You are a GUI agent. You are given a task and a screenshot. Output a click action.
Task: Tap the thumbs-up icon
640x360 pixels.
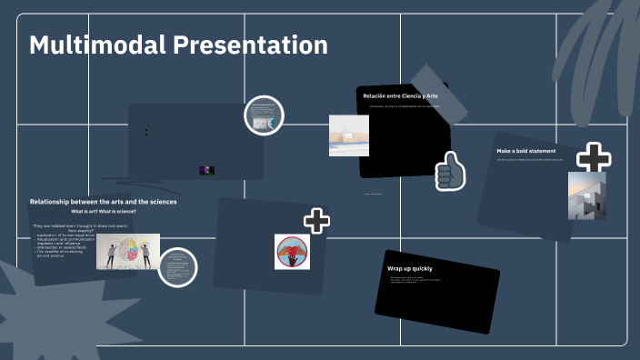tap(449, 170)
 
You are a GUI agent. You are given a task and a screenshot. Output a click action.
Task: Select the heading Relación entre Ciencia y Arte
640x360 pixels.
tap(400, 95)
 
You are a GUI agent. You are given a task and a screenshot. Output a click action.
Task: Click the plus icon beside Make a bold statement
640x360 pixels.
tap(594, 158)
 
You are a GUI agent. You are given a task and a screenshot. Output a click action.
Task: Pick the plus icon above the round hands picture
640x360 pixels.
tap(316, 220)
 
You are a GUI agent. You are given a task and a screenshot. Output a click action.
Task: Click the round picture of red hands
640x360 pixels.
tap(292, 252)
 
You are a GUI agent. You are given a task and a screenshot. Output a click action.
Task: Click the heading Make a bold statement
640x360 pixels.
tap(526, 150)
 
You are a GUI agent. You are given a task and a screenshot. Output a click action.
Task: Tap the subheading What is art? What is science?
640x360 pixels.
tap(104, 211)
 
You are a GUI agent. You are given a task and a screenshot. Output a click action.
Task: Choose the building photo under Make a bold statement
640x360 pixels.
tap(586, 195)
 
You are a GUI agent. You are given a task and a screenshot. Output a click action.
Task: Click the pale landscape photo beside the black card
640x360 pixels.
tap(348, 135)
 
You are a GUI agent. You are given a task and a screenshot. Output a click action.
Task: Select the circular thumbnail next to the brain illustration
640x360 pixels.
tap(177, 267)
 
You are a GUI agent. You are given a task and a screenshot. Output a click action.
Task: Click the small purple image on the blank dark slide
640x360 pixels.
tap(206, 170)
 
